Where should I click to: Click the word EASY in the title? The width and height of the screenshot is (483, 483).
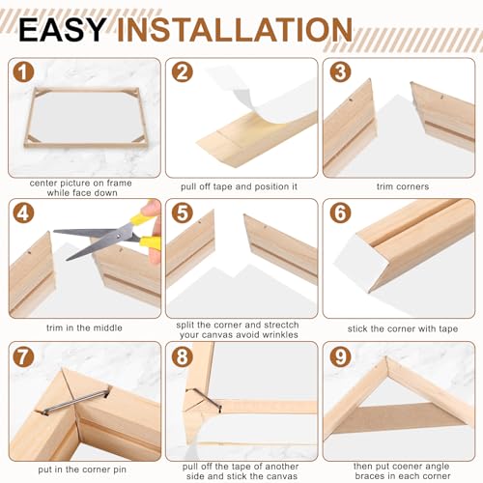[x=62, y=30]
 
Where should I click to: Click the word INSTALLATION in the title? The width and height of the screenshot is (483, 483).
[x=235, y=30]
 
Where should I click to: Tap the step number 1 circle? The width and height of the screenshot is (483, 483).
[x=23, y=72]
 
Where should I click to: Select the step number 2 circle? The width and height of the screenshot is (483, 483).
[x=183, y=72]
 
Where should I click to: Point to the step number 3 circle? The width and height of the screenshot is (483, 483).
[x=340, y=72]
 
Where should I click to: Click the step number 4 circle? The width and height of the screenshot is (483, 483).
[x=23, y=213]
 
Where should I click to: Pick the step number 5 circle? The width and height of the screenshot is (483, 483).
[x=183, y=213]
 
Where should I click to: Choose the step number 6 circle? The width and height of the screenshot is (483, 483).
[x=340, y=213]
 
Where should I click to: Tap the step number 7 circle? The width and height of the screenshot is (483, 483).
[x=23, y=356]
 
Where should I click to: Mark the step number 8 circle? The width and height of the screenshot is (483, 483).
[x=183, y=356]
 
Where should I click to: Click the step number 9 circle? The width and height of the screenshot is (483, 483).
[x=340, y=356]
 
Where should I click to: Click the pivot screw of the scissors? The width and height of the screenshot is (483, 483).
[x=120, y=237]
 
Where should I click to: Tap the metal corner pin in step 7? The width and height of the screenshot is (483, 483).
[x=76, y=401]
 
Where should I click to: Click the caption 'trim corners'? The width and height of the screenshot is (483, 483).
[x=403, y=186]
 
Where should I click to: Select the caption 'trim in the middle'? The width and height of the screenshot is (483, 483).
[x=84, y=327]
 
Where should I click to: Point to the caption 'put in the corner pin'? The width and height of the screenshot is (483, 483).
[x=82, y=469]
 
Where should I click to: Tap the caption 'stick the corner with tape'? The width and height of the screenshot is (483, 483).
[x=403, y=328]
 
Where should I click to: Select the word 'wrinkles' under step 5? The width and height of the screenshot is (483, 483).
[x=280, y=335]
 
